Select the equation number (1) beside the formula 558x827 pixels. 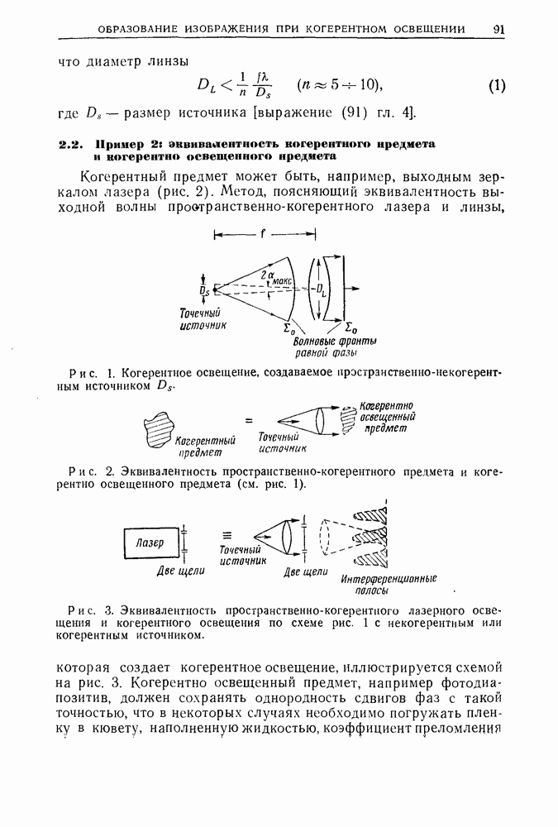pos(496,85)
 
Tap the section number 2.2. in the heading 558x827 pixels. pos(72,144)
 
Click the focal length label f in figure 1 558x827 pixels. pos(262,234)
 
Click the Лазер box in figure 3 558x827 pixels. pos(151,543)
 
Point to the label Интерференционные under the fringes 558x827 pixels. pos(389,580)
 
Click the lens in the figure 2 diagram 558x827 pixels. pos(322,421)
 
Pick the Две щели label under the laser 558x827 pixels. pos(181,571)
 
